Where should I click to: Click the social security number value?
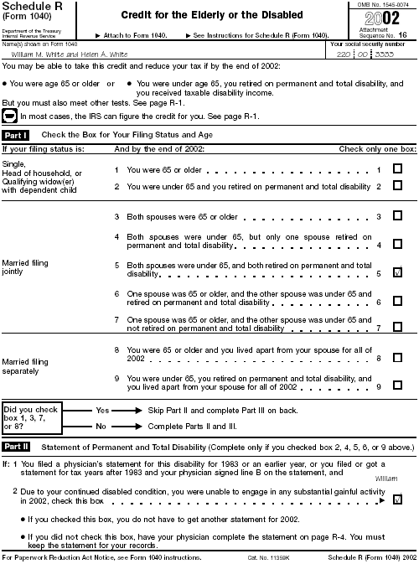click(x=373, y=52)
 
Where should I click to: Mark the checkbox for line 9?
click(x=397, y=386)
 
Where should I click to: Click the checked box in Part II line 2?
click(x=397, y=499)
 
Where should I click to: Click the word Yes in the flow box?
click(x=103, y=411)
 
